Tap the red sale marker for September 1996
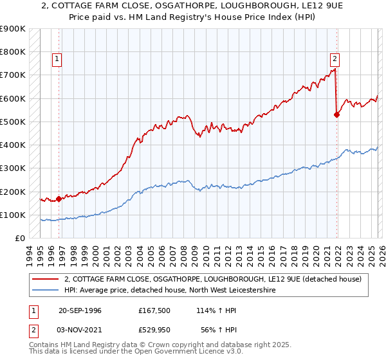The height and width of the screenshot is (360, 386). [x=59, y=199]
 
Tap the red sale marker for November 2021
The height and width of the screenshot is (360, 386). [x=336, y=114]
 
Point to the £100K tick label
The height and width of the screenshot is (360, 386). [x=13, y=215]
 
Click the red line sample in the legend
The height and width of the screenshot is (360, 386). [x=46, y=279]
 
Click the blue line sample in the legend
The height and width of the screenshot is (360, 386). [x=46, y=291]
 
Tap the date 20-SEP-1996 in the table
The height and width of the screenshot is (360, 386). [x=80, y=310]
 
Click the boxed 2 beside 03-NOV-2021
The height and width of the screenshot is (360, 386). [x=34, y=328]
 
